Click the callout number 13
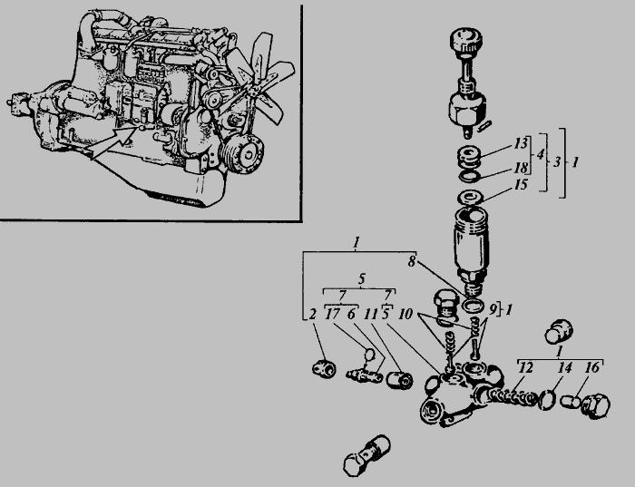pyautogui.click(x=521, y=143)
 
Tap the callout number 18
pyautogui.click(x=521, y=167)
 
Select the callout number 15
pyautogui.click(x=521, y=185)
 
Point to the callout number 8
pyautogui.click(x=412, y=262)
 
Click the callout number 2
pyautogui.click(x=312, y=314)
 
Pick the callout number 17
pyautogui.click(x=333, y=314)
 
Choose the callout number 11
pyautogui.click(x=370, y=314)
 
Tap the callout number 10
pyautogui.click(x=405, y=314)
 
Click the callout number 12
pyautogui.click(x=526, y=368)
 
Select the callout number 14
pyautogui.click(x=565, y=368)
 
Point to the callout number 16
pyautogui.click(x=592, y=367)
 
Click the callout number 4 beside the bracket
pyautogui.click(x=541, y=155)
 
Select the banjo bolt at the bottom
pyautogui.click(x=366, y=455)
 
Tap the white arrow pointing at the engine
pyautogui.click(x=113, y=141)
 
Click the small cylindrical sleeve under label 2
pyautogui.click(x=324, y=367)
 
